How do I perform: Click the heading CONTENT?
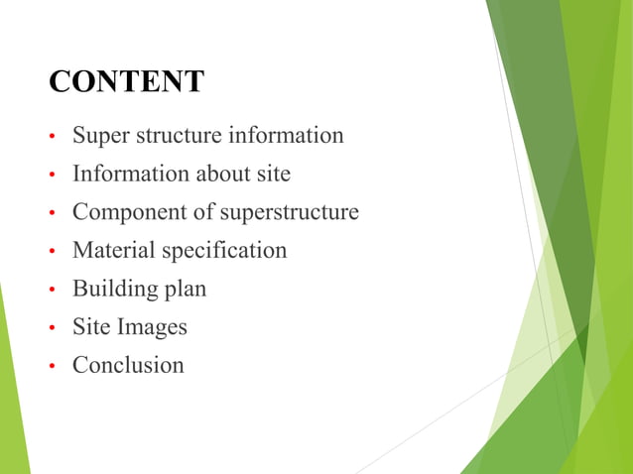click(126, 82)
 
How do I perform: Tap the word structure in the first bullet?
click(176, 136)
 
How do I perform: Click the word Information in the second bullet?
click(123, 175)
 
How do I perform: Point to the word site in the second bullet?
click(273, 175)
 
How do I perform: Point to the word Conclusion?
click(128, 365)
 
